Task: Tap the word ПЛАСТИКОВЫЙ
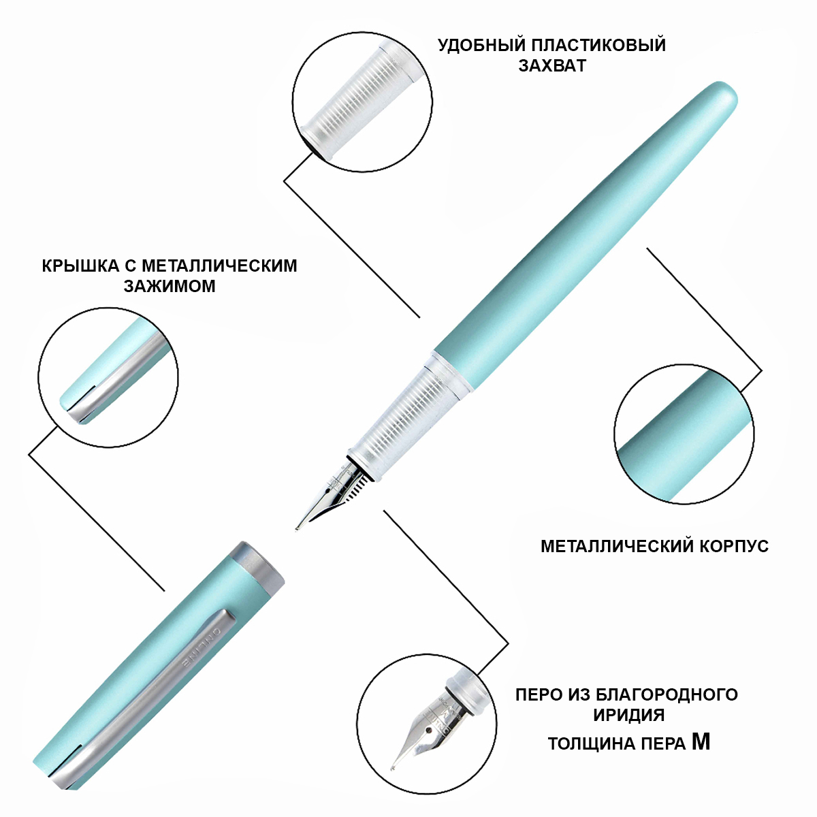(598, 46)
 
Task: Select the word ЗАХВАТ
(552, 66)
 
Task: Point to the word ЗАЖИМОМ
(170, 286)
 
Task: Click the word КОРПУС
(734, 546)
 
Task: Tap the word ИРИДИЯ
(629, 715)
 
